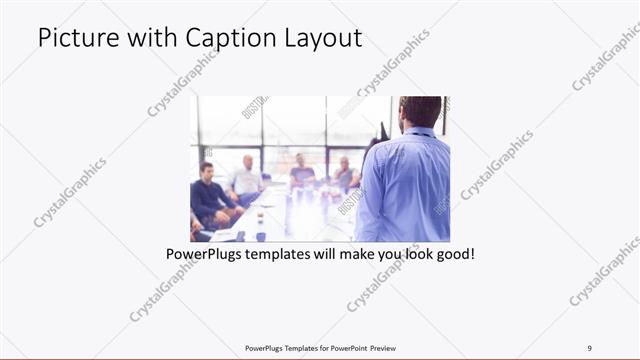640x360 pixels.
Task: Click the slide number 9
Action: (590, 348)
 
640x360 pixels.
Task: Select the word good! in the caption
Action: (453, 254)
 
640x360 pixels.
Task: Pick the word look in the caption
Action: (410, 254)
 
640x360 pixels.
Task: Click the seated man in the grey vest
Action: (346, 176)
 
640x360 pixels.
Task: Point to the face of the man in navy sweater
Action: (207, 172)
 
